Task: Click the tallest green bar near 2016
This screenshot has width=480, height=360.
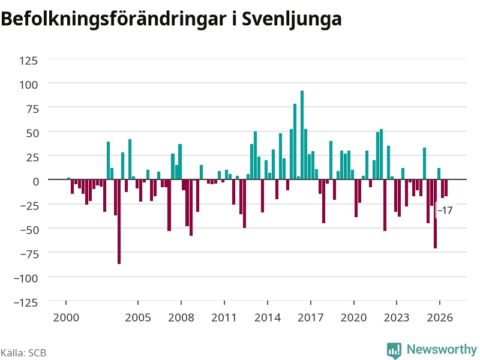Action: coord(302,134)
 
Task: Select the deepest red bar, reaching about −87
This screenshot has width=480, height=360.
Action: coord(119,221)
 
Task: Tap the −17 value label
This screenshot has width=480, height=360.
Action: coord(445,211)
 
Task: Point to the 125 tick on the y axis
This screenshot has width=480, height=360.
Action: coord(28,61)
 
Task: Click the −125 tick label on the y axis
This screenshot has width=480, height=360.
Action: coord(26,303)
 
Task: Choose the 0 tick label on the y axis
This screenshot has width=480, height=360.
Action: coord(36,182)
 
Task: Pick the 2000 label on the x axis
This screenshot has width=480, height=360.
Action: coord(66,317)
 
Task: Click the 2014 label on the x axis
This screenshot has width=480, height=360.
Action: coord(268,317)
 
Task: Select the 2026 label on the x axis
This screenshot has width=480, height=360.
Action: coord(440,317)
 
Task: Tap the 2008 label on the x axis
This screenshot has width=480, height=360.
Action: coord(181,317)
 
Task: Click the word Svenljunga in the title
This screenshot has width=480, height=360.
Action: coord(292,19)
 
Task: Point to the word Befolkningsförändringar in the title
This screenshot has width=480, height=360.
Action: coord(114,19)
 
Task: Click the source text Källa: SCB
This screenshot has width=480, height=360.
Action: coord(23,353)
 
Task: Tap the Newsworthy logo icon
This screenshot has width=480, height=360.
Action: coord(394,350)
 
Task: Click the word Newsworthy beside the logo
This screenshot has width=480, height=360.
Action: coord(442,349)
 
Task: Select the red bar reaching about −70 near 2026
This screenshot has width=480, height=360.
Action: coord(436,214)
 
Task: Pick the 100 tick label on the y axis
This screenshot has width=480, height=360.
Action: coord(28,85)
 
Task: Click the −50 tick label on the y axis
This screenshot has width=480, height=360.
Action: coord(29,230)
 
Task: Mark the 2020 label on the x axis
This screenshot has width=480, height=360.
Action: coord(353,317)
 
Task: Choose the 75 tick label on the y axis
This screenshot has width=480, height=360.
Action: coord(32,109)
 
